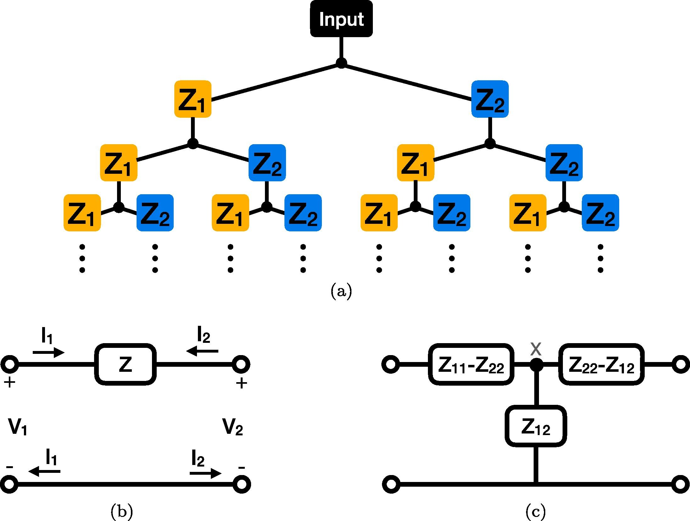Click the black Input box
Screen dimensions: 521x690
tap(341, 19)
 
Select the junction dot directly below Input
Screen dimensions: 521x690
tap(341, 63)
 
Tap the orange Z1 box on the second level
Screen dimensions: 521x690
tap(193, 99)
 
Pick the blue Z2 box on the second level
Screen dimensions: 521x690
tap(490, 99)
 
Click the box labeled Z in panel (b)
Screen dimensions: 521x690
tap(126, 364)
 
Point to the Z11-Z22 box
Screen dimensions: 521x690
tap(471, 364)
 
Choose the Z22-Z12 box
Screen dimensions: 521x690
tap(601, 364)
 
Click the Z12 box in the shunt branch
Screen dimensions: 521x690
tap(536, 426)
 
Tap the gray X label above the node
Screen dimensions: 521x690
tap(536, 348)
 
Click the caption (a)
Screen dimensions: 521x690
tap(341, 291)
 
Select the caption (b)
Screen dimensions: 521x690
tap(122, 512)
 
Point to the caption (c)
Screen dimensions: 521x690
tap(536, 512)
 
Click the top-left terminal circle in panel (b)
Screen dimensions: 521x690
tap(10, 365)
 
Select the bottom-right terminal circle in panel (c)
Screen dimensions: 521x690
tap(681, 484)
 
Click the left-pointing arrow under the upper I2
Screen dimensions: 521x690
tap(202, 350)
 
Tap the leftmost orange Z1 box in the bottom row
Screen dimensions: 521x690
tap(82, 213)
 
